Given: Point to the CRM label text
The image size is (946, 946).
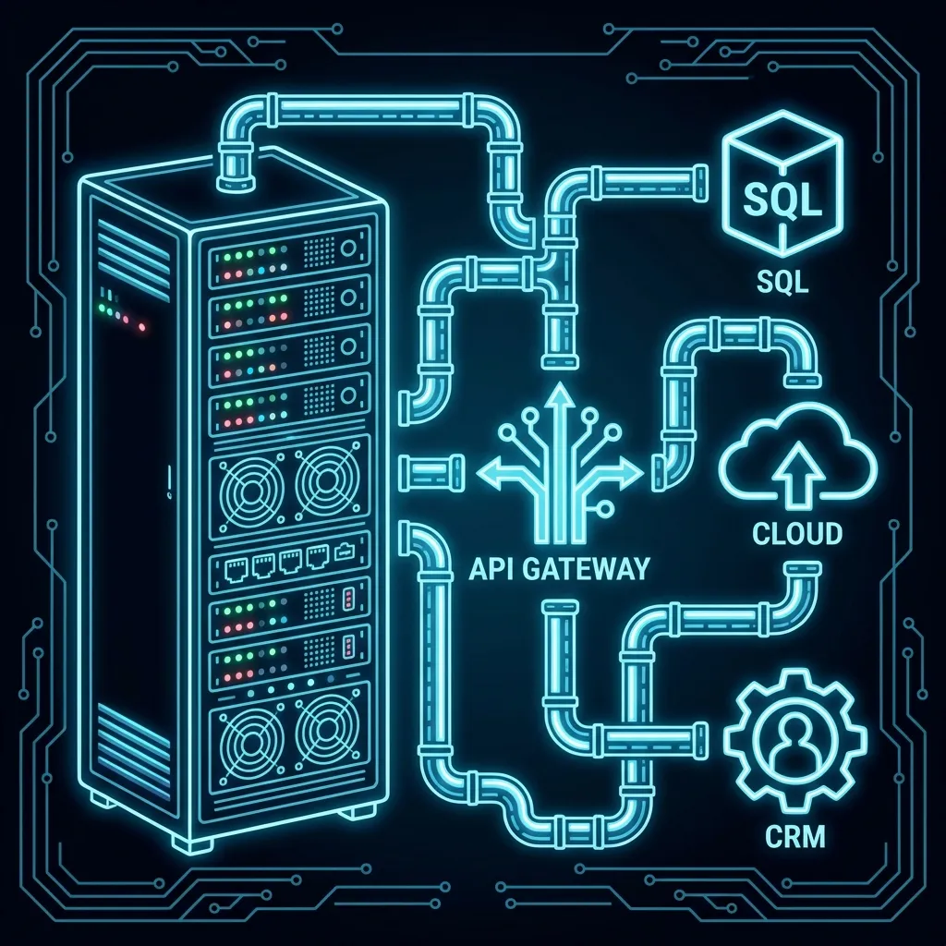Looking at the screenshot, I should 795,838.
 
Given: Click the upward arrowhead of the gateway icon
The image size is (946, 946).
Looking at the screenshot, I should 559,398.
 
